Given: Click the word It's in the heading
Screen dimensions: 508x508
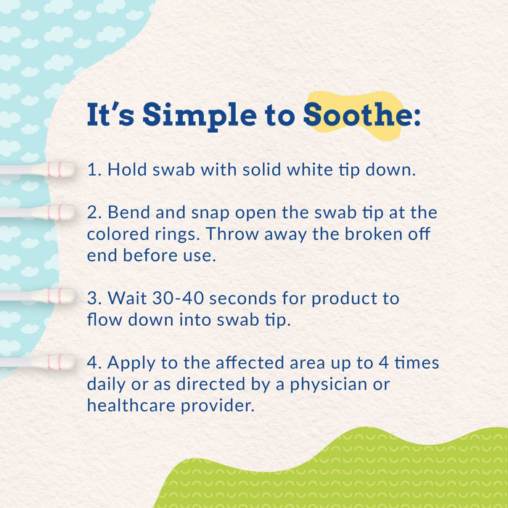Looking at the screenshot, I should click(112, 115).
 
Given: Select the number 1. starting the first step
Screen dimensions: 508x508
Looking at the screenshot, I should click(92, 170).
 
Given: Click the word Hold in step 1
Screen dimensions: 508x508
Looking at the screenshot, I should click(124, 170).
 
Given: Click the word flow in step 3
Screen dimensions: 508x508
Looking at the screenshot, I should click(102, 320).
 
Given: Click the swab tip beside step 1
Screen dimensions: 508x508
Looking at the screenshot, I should click(65, 170).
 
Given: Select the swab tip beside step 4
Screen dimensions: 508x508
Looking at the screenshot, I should click(65, 361).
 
